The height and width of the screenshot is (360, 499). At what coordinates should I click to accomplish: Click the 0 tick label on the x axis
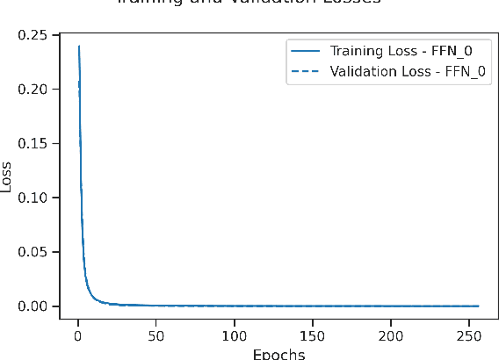[78, 335]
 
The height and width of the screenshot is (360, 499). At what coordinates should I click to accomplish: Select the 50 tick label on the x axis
[156, 335]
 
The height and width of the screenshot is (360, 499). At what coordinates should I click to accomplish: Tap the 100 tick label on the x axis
[235, 335]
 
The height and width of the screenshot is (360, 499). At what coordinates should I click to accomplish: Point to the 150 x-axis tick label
[313, 335]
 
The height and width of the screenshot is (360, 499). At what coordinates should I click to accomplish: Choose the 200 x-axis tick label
[391, 335]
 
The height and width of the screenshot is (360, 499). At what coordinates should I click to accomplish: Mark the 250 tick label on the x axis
[469, 335]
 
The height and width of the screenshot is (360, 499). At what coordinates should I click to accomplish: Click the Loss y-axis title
[8, 176]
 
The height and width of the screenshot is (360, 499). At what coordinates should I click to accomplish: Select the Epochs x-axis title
[278, 354]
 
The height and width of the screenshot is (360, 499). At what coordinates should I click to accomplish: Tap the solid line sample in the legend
[307, 50]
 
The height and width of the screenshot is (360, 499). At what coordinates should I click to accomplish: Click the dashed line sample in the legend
[307, 70]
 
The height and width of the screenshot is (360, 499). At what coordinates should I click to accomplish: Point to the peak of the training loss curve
[79, 46]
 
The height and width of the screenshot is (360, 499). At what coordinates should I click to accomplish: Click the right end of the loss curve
[479, 306]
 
